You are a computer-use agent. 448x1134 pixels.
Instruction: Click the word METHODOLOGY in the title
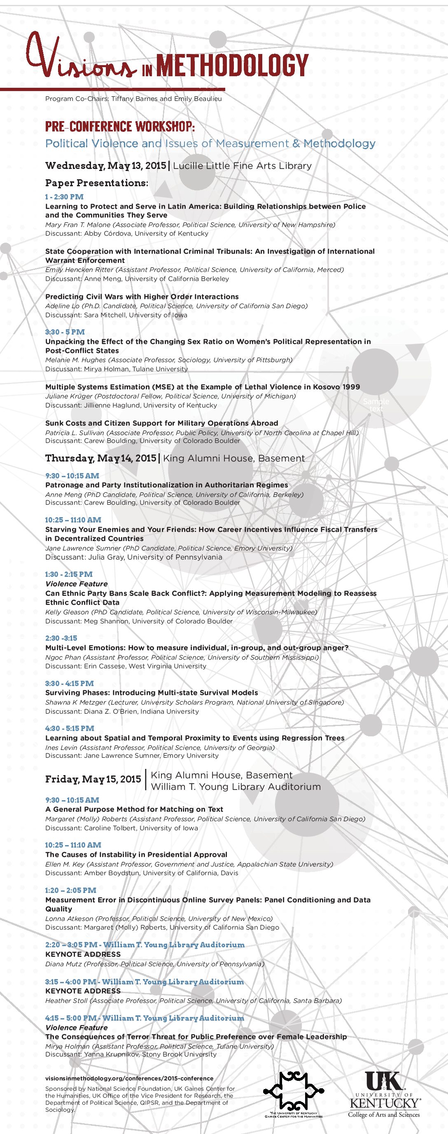tap(232, 66)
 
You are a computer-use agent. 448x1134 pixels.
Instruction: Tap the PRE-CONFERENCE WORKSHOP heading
tap(120, 127)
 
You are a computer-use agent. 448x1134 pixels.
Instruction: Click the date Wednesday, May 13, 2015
tap(106, 166)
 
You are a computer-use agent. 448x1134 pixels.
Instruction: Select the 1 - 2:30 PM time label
tap(64, 197)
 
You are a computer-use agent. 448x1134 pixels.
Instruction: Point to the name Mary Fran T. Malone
tap(78, 225)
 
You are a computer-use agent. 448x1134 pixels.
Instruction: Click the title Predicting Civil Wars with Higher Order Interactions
tap(142, 297)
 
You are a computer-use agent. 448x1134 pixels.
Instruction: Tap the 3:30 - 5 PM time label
tap(65, 332)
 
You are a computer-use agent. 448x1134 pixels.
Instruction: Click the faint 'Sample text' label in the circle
tap(376, 405)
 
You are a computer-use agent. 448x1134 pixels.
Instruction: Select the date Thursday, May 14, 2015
tap(101, 458)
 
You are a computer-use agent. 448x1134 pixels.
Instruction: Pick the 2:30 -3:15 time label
tap(61, 638)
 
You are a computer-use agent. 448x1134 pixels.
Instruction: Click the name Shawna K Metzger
tap(76, 702)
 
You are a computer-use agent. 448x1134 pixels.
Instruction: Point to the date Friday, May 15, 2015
tap(93, 780)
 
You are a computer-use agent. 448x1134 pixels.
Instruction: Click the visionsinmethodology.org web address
tap(129, 1078)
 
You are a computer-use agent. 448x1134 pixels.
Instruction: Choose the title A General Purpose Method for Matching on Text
tap(134, 809)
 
